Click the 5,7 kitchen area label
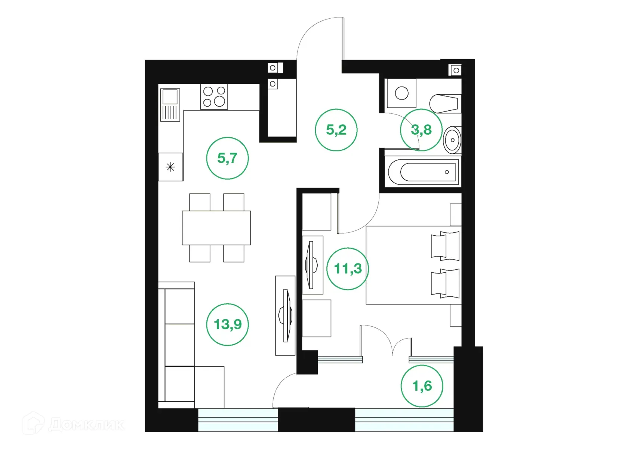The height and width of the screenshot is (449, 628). pyautogui.click(x=227, y=158)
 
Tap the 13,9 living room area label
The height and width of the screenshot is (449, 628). pyautogui.click(x=227, y=324)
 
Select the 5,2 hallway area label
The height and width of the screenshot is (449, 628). pyautogui.click(x=336, y=130)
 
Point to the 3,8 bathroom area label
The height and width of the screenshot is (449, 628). pyautogui.click(x=421, y=130)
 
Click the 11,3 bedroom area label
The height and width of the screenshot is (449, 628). pyautogui.click(x=348, y=269)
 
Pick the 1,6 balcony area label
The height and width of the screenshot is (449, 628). pyautogui.click(x=422, y=386)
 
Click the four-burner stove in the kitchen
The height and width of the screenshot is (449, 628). pyautogui.click(x=214, y=97)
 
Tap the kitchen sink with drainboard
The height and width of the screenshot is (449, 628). pyautogui.click(x=170, y=105)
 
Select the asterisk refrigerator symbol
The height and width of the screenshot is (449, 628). pyautogui.click(x=170, y=167)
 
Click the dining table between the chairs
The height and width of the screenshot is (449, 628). pyautogui.click(x=216, y=227)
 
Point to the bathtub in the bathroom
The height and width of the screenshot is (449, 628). pyautogui.click(x=423, y=172)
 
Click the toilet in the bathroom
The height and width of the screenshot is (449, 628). pyautogui.click(x=445, y=103)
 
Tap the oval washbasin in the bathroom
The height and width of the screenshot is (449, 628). pyautogui.click(x=452, y=140)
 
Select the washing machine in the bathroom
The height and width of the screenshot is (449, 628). pyautogui.click(x=401, y=93)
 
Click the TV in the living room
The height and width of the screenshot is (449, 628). pyautogui.click(x=286, y=315)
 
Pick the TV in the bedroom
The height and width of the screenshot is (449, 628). pyautogui.click(x=312, y=265)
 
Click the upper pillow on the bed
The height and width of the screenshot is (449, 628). pyautogui.click(x=445, y=246)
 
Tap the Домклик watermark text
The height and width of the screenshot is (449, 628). pyautogui.click(x=86, y=424)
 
